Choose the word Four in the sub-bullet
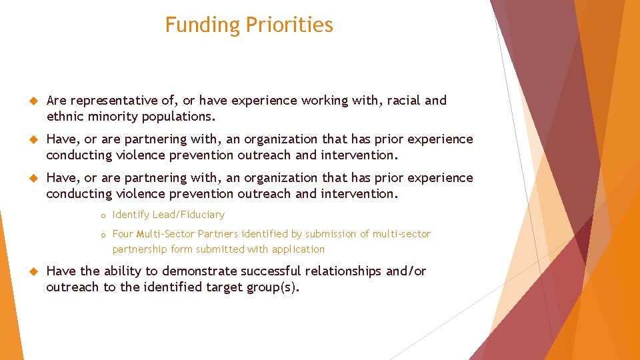pos(123,234)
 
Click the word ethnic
pos(65,117)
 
